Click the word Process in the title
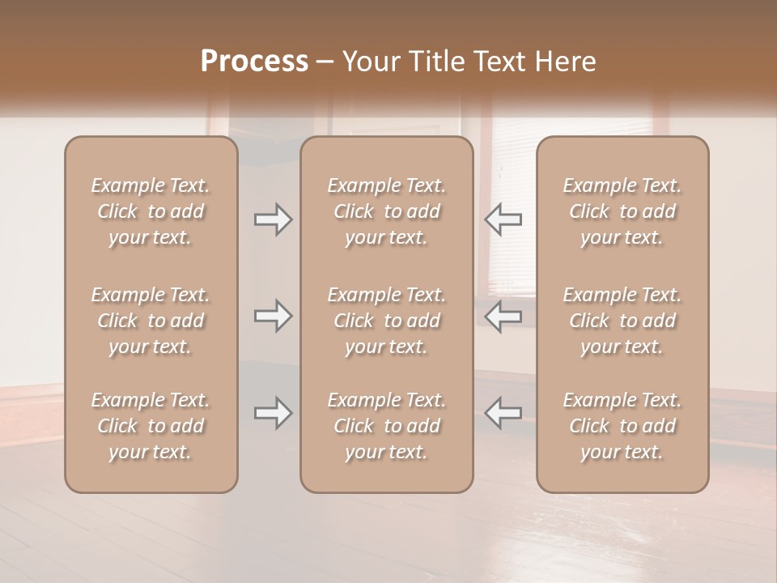click(254, 62)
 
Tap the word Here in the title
click(566, 62)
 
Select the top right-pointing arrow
click(273, 219)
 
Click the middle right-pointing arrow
click(273, 316)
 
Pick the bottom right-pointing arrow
click(273, 413)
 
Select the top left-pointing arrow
click(503, 219)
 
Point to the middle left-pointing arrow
click(503, 316)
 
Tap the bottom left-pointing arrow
click(503, 413)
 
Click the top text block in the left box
click(151, 211)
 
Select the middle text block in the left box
click(151, 321)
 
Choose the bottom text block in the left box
click(151, 426)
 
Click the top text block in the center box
click(387, 211)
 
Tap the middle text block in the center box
click(387, 321)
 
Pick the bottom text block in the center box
click(387, 426)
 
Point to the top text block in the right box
click(622, 211)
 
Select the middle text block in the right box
click(622, 321)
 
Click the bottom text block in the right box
click(622, 426)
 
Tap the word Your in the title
click(368, 62)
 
